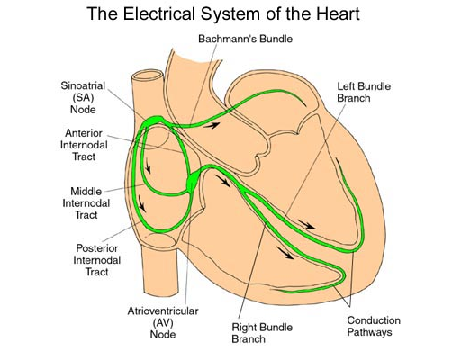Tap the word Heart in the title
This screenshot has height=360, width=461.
pos(338,13)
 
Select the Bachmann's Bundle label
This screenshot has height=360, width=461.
pos(245,39)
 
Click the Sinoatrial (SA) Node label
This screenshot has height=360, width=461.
pos(83,97)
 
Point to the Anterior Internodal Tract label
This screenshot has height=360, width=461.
pos(84,145)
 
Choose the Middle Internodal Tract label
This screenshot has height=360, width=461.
pos(86,203)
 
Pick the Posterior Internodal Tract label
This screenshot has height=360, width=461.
pos(97,260)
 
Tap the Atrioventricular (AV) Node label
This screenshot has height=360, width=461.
pos(163,322)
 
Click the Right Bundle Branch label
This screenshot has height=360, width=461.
pos(262,333)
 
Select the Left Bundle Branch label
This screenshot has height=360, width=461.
pos(364,93)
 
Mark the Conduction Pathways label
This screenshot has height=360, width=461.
pos(374,327)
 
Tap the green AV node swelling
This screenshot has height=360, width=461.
pos(192,182)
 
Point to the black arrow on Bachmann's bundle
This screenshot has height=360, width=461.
pos(212,125)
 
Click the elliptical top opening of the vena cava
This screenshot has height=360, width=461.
pos(148,75)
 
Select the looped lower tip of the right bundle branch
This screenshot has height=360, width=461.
pos(343,275)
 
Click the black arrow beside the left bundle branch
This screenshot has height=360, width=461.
pos(306,224)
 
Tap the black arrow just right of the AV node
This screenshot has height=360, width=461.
pos(222,181)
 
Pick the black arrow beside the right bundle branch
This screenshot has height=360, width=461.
pos(285,253)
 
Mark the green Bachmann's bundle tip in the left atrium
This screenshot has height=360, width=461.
pos(303,102)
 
